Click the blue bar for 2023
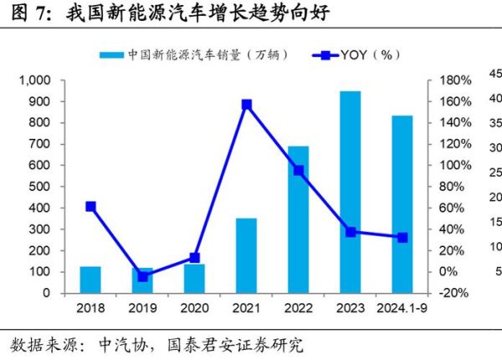click(x=350, y=192)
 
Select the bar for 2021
click(x=246, y=255)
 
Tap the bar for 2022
click(x=298, y=219)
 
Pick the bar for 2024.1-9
click(x=402, y=204)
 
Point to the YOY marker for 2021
click(x=247, y=105)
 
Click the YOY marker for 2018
click(x=90, y=206)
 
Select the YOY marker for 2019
click(x=143, y=275)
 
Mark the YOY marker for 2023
click(x=351, y=232)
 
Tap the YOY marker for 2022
click(x=298, y=170)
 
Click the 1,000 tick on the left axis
click(x=35, y=80)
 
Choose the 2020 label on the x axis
click(x=195, y=308)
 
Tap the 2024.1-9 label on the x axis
click(x=402, y=308)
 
